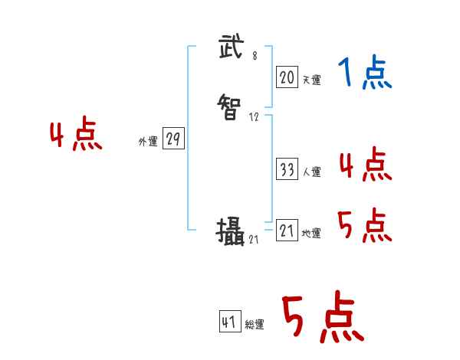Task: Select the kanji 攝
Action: coord(230,231)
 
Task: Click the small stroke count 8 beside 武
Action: coord(255,56)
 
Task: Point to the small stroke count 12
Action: coord(255,118)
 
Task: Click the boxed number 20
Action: coord(287,77)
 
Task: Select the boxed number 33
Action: coord(287,170)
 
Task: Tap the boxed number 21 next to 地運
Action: coord(287,231)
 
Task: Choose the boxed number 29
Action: coord(173,139)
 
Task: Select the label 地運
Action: coord(311,234)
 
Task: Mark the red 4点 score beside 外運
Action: coord(76,136)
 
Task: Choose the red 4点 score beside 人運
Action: coord(365,165)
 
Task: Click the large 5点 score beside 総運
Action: coord(322,317)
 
